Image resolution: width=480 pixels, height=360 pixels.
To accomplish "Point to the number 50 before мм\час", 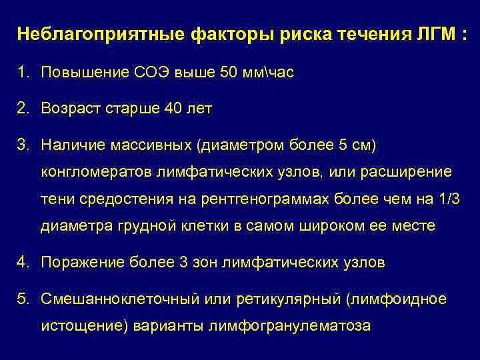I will point(228,72).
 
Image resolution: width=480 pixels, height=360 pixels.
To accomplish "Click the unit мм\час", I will point(269,72).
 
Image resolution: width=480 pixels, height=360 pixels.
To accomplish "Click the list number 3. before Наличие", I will point(23,144).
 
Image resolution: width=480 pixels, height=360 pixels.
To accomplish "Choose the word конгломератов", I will point(96,172).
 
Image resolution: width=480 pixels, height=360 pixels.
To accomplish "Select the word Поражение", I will point(76,262).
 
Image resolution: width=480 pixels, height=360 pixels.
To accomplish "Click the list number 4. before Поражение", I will point(23,262).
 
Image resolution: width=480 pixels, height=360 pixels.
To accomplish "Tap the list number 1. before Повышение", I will point(23,72).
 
